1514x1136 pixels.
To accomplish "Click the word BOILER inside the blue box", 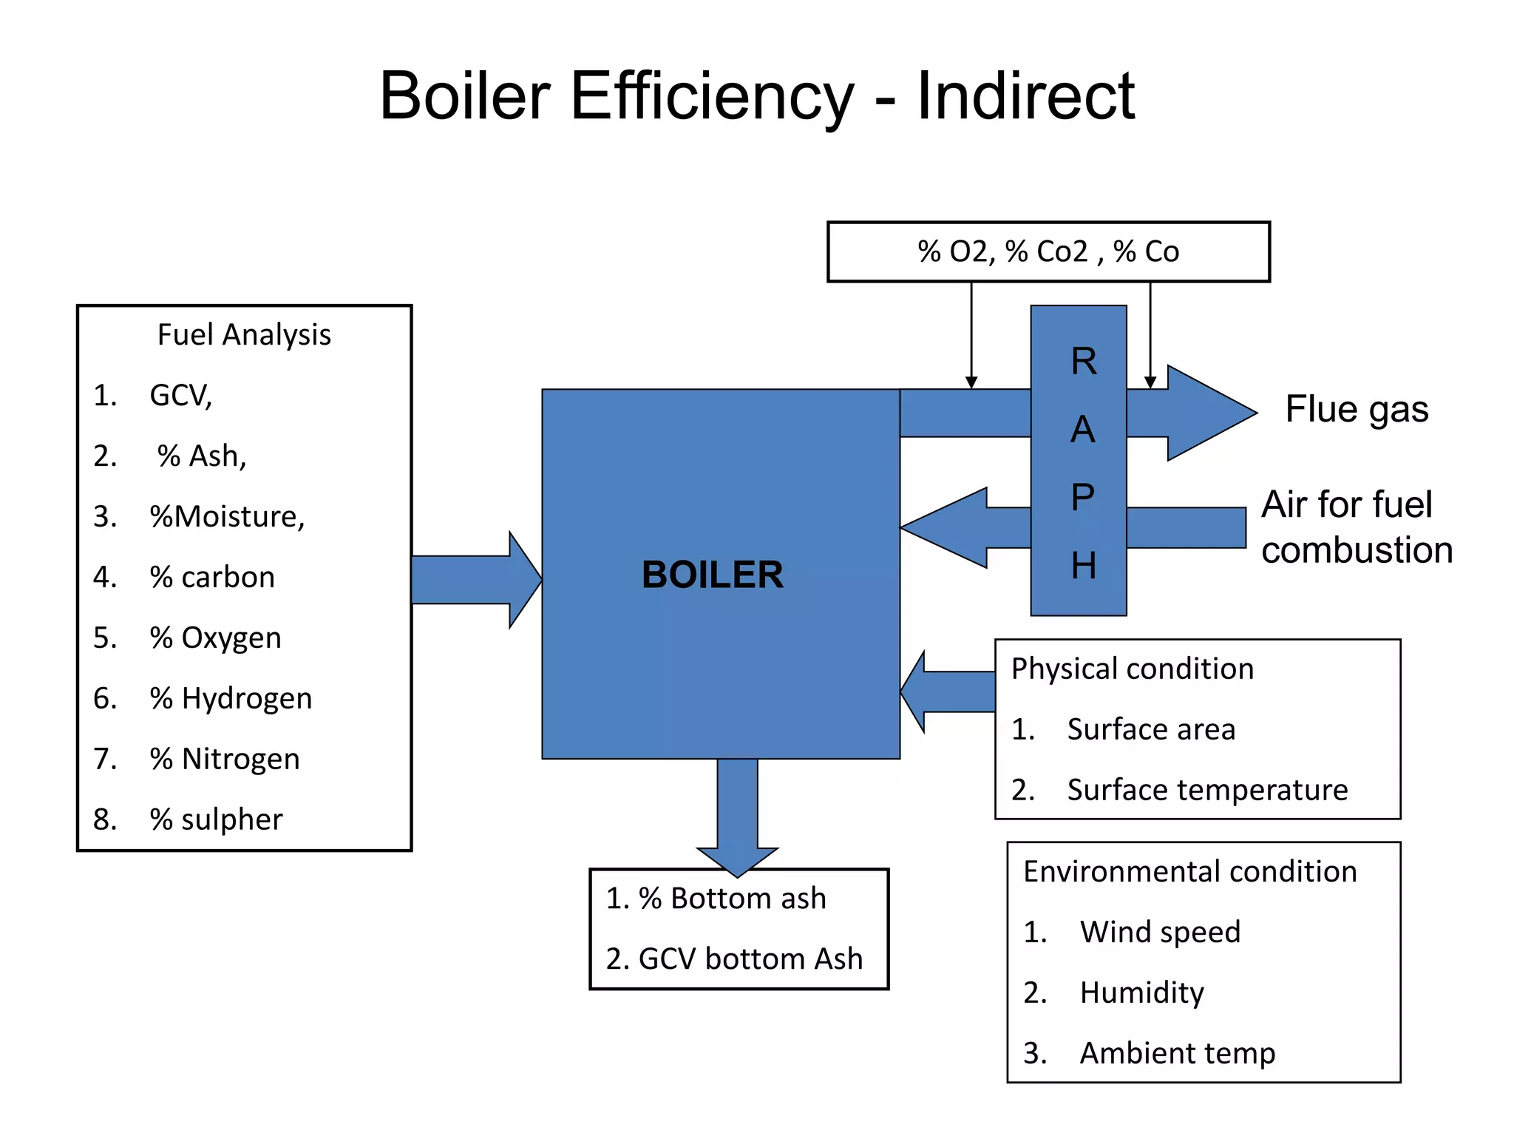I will [x=712, y=575].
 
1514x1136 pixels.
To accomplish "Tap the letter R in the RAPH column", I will [x=1083, y=362].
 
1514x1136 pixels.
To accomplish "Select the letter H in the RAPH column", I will [x=1083, y=566].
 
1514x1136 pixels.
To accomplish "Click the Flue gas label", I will [x=1357, y=410].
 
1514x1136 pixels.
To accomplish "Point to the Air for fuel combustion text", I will [x=1356, y=527].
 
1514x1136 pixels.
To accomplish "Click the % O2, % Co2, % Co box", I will [x=1048, y=252].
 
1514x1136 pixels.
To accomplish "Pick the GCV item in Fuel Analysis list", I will [x=180, y=396].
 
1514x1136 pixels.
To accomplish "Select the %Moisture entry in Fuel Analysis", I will [x=227, y=516].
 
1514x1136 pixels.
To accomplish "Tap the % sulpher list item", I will [x=216, y=819].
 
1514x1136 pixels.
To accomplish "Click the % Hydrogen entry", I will [x=231, y=698].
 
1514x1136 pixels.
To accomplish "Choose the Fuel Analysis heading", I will [x=244, y=335].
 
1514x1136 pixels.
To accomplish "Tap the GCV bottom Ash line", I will [x=750, y=959].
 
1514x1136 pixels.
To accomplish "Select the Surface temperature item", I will [x=1206, y=790].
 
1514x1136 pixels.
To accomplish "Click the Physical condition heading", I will [x=1132, y=669].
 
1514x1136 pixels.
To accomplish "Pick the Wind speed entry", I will [x=1159, y=932].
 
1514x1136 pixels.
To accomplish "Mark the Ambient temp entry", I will [x=1177, y=1053].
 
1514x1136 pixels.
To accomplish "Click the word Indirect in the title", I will [x=1025, y=96].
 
